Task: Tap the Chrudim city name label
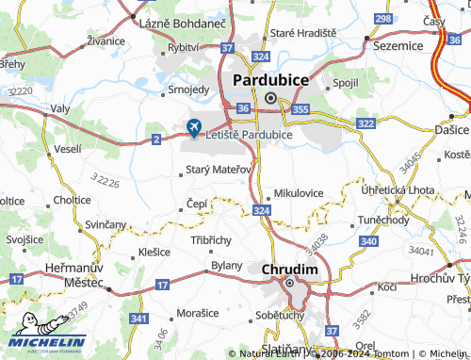point(289,270)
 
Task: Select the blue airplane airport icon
point(195,126)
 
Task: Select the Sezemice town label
point(398,44)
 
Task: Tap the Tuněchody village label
point(382,220)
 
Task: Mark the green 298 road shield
point(382,18)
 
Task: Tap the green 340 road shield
point(368,242)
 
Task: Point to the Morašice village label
point(199,311)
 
